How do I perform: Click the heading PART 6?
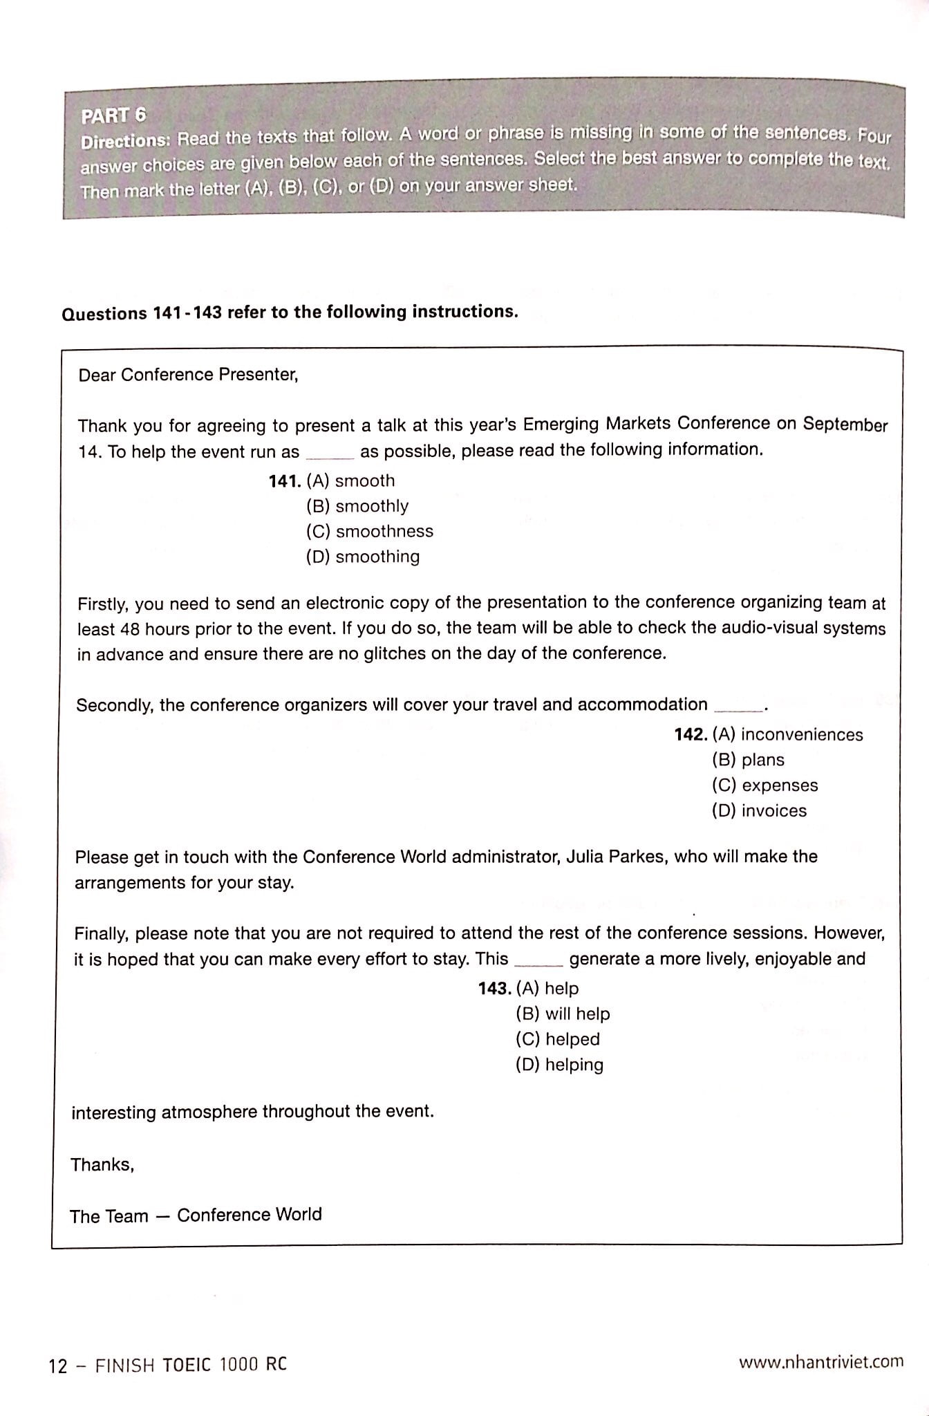(x=113, y=115)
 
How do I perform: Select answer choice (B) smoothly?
(x=357, y=506)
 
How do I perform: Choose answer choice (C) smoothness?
(x=370, y=532)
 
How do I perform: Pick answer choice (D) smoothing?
(x=363, y=557)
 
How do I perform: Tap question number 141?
(x=284, y=481)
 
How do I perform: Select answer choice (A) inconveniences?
(x=787, y=734)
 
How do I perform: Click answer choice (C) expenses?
(x=764, y=785)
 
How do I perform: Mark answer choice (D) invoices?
(x=759, y=810)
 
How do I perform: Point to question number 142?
(x=690, y=734)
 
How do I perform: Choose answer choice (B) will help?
(x=563, y=1014)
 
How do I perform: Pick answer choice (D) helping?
(x=559, y=1065)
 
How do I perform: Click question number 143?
(x=494, y=989)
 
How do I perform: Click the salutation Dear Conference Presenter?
(x=188, y=375)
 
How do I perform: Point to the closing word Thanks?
(x=102, y=1165)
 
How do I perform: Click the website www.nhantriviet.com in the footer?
(x=820, y=1361)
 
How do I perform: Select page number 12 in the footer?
(x=58, y=1366)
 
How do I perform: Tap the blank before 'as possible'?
(x=330, y=454)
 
